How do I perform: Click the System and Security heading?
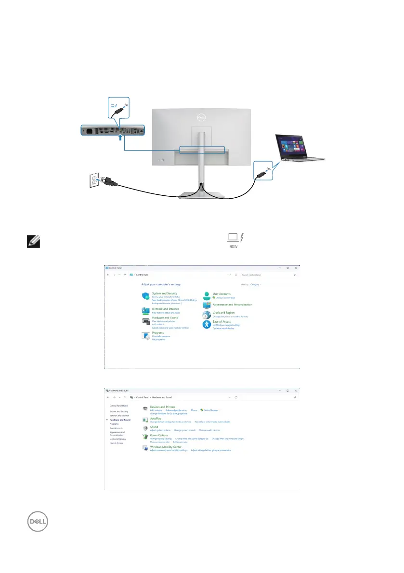164,293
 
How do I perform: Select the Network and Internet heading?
165,309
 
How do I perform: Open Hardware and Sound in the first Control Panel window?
165,318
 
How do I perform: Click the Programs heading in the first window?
157,333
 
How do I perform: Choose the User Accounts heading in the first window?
222,293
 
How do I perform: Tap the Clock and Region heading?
224,313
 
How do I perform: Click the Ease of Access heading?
222,322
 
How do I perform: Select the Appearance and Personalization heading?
232,305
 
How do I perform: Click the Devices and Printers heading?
162,407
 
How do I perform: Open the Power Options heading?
159,435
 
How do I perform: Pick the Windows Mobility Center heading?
166,447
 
